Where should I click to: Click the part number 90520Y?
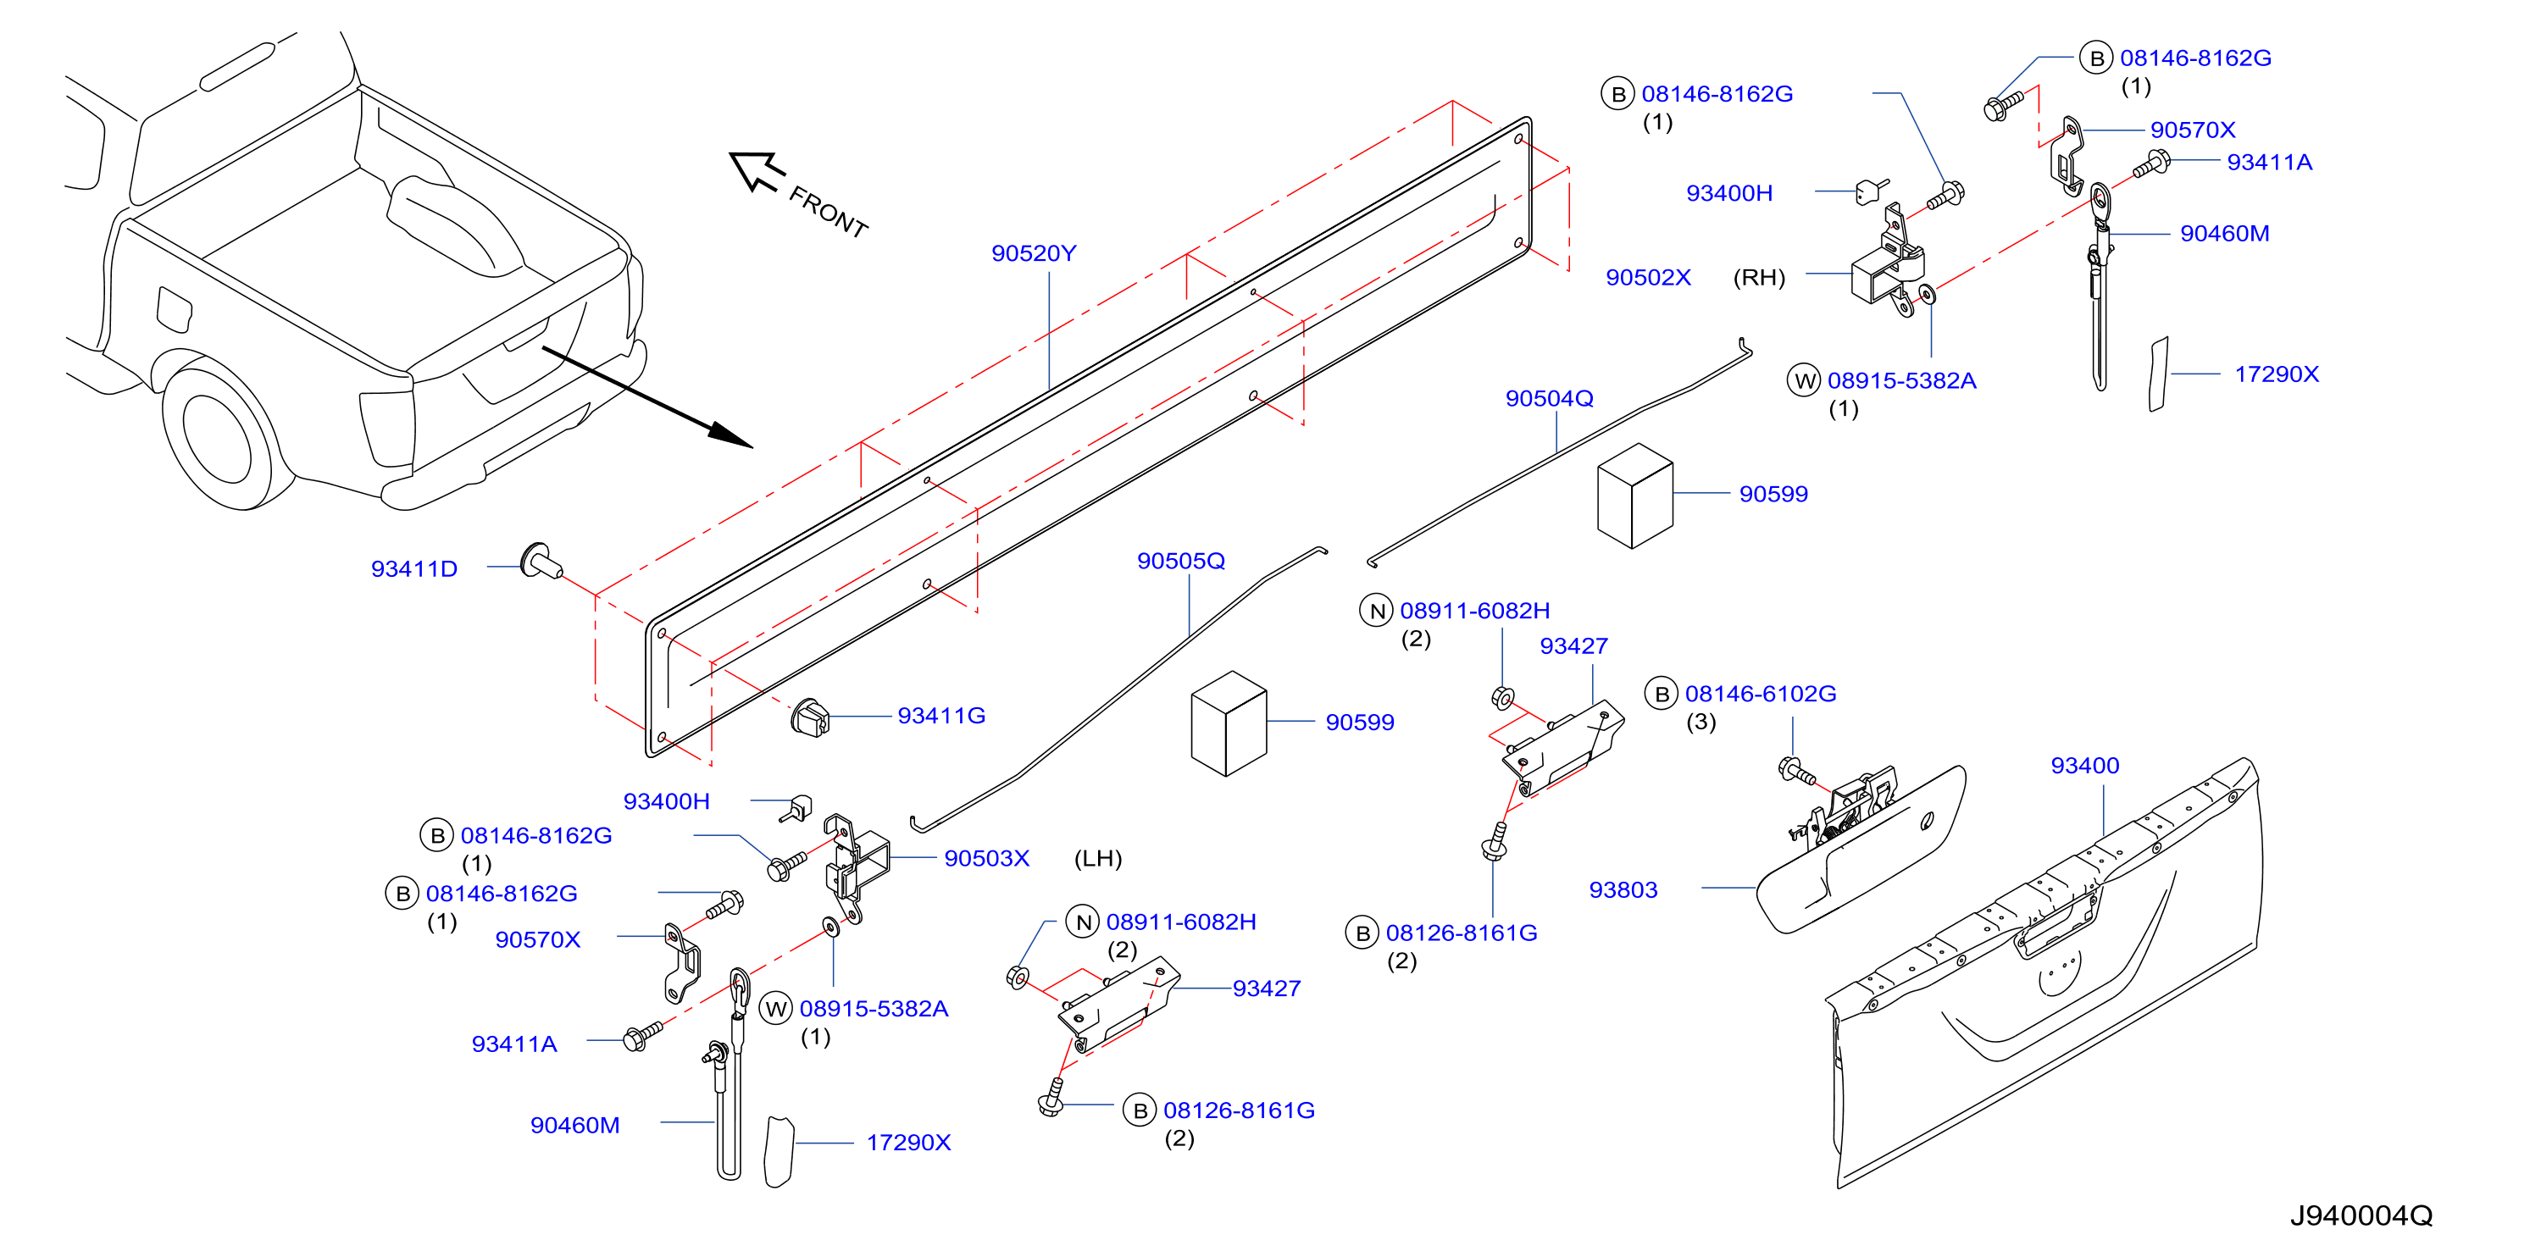tap(1033, 253)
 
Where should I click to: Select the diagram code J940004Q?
tap(2361, 1215)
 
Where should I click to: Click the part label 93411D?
tap(413, 568)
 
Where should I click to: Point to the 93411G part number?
tap(940, 716)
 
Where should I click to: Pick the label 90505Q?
tap(1180, 561)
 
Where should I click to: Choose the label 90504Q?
tap(1549, 398)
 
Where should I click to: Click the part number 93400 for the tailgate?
tap(2084, 765)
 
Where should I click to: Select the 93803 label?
tap(1623, 889)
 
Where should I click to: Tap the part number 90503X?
tap(986, 858)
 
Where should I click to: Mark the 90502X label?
tap(1648, 277)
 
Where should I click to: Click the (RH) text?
tap(1758, 277)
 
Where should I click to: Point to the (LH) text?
tap(1097, 858)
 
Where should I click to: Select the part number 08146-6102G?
tap(1760, 694)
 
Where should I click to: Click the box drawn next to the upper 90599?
tap(1635, 495)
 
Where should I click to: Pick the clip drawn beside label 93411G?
tap(810, 717)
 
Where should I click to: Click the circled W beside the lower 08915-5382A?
tap(776, 1008)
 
